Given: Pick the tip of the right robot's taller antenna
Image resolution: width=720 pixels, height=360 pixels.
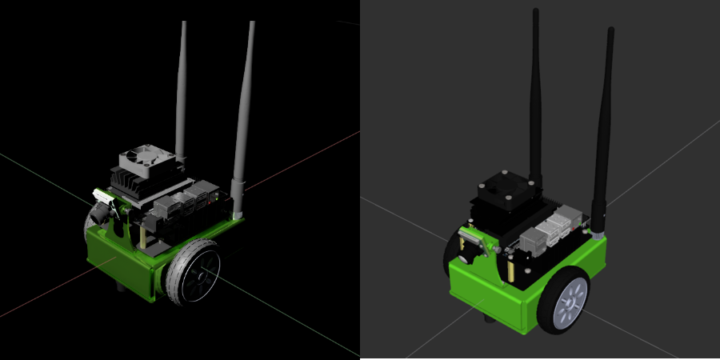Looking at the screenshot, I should (x=534, y=12).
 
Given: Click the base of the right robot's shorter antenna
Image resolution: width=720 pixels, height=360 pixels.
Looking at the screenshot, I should (x=595, y=232).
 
